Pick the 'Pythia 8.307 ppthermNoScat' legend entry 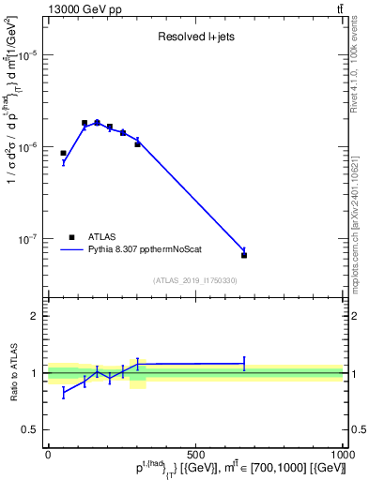(x=140, y=249)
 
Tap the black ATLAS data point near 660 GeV (x=244, y=255)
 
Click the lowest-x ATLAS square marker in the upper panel (x=63, y=153)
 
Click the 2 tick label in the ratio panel (x=35, y=316)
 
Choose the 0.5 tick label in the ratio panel (x=31, y=429)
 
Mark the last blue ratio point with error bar (x=244, y=363)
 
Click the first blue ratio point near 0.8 (x=63, y=393)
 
